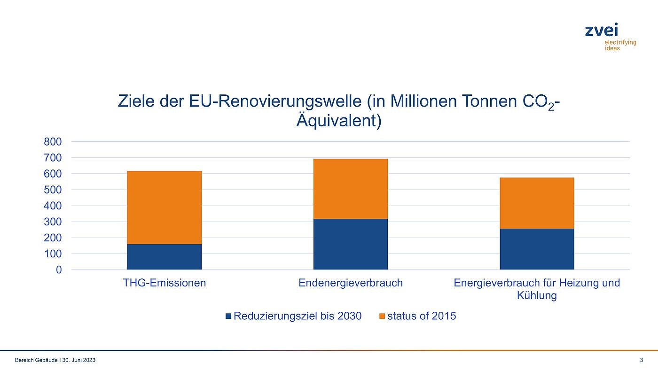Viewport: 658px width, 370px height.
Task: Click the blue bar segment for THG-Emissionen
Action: [x=164, y=257]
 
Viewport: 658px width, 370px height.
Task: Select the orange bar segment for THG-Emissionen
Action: [x=164, y=208]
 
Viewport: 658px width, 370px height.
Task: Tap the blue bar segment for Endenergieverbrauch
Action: [x=351, y=244]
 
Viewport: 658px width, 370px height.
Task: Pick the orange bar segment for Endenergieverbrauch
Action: [x=351, y=189]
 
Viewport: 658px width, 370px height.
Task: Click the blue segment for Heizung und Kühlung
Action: [x=537, y=249]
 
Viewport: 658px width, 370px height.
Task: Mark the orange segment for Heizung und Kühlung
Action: [x=537, y=203]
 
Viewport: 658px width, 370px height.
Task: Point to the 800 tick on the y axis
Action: [x=53, y=142]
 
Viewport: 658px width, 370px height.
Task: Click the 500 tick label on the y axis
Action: [x=53, y=190]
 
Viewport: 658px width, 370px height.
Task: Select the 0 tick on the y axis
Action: [x=59, y=270]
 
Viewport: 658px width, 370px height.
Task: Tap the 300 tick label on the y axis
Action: [x=53, y=222]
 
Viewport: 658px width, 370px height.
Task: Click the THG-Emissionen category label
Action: [x=164, y=283]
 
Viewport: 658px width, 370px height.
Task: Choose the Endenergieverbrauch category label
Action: [x=351, y=283]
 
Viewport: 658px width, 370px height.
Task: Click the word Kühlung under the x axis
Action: [x=537, y=296]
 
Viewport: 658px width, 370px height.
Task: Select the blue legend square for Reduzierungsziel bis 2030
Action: [x=229, y=316]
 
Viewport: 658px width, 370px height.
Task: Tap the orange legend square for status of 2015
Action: [x=382, y=316]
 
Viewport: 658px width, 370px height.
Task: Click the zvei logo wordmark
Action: [x=602, y=31]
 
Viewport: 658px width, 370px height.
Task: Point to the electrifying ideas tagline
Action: [x=619, y=45]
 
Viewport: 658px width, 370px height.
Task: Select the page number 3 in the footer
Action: [x=642, y=360]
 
